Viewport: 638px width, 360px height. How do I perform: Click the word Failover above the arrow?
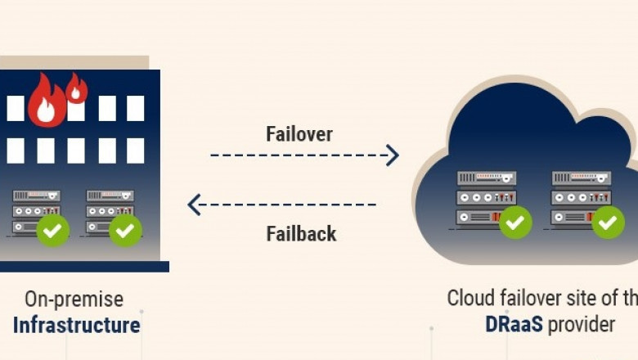click(299, 134)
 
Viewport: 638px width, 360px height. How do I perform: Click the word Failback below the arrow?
click(301, 233)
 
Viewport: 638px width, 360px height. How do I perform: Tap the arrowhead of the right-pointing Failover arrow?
click(393, 155)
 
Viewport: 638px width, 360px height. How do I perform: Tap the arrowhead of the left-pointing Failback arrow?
click(194, 204)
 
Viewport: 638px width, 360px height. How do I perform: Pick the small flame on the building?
click(77, 88)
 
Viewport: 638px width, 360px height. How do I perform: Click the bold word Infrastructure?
click(76, 325)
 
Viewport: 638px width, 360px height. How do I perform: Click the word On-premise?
click(74, 299)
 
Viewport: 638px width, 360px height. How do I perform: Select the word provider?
click(582, 324)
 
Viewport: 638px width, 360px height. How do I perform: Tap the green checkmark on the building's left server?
click(53, 231)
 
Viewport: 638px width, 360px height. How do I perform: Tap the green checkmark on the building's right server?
click(125, 231)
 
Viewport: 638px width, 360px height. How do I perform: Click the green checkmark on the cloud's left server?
click(515, 221)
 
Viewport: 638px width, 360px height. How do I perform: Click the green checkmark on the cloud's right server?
click(608, 222)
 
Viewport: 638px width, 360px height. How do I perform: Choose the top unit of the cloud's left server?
click(487, 178)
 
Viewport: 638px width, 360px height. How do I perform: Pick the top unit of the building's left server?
click(36, 196)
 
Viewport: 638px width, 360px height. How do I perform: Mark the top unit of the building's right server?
click(110, 196)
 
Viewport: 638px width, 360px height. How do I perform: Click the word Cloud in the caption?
click(470, 298)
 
